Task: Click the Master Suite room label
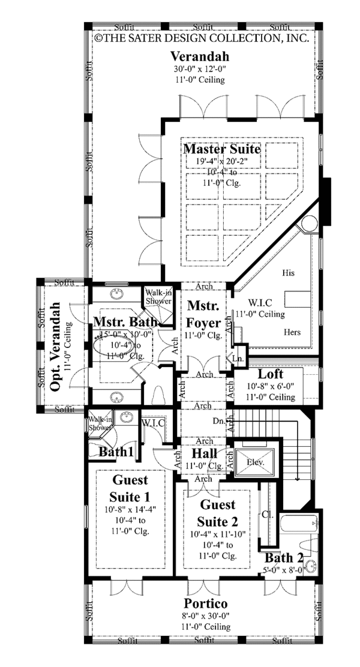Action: coord(222,148)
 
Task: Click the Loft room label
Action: coord(270,374)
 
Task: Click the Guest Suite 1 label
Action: coord(130,488)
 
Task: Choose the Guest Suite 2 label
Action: coord(218,512)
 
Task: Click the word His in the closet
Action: coord(288,272)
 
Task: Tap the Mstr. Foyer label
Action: coord(203,313)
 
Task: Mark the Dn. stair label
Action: coord(219,422)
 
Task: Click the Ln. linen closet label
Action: coord(238,358)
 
